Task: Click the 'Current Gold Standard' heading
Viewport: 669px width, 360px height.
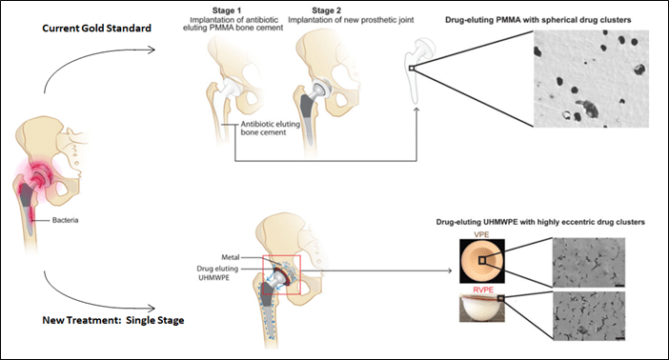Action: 96,29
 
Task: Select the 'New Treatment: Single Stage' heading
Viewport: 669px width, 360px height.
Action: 113,320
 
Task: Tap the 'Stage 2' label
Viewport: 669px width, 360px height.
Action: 326,10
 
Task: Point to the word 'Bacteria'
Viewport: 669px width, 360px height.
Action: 65,220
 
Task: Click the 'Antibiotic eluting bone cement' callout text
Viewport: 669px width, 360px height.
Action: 270,128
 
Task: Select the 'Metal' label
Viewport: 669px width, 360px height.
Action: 231,257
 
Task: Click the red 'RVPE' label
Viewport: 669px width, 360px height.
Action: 483,290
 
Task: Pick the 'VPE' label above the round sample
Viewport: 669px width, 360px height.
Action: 481,234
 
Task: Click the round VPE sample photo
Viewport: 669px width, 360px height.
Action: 482,261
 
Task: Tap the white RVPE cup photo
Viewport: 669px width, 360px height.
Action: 482,308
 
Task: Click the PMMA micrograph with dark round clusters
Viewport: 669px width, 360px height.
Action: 591,78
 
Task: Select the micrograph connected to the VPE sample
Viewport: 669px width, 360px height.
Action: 589,262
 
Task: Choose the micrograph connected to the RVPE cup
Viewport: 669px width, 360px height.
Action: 589,316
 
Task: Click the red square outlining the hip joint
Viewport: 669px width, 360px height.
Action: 281,274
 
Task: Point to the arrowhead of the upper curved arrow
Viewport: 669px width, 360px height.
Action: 151,50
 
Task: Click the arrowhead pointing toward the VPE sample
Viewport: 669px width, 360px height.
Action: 448,270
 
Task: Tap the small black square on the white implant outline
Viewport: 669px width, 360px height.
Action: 412,68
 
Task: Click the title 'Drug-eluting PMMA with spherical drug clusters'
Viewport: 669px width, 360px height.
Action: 537,20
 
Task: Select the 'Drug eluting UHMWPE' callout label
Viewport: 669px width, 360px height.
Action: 217,273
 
